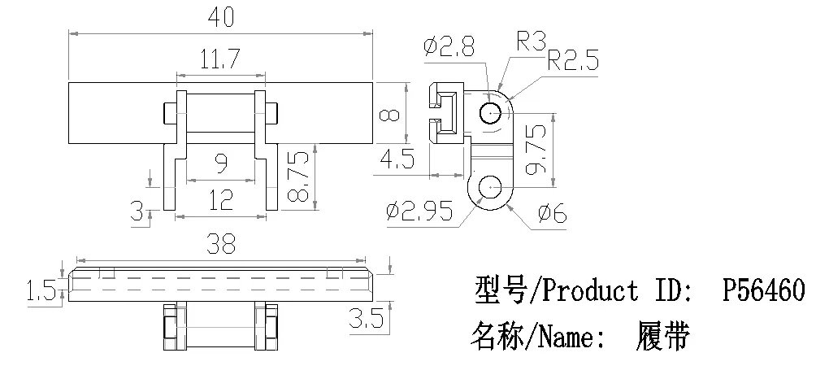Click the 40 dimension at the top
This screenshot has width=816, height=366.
point(220,17)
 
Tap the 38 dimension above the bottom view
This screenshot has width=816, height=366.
point(220,244)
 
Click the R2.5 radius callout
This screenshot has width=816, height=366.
point(573,61)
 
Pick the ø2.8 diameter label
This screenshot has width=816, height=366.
point(449,47)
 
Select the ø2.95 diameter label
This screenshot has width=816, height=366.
point(419,211)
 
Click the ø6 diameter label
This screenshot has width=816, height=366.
point(552,213)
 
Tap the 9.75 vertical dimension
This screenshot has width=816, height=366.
point(537,149)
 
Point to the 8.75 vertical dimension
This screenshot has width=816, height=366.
point(300,177)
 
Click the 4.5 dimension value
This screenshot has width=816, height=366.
point(397,160)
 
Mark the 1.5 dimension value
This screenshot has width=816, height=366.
point(41,290)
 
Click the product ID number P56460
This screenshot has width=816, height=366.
point(764,290)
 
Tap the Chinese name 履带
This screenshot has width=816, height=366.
point(662,337)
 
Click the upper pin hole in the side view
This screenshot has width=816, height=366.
point(490,113)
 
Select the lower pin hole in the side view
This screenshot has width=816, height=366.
point(490,187)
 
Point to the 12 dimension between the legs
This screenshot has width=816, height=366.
point(220,200)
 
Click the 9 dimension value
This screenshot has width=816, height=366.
point(221,164)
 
